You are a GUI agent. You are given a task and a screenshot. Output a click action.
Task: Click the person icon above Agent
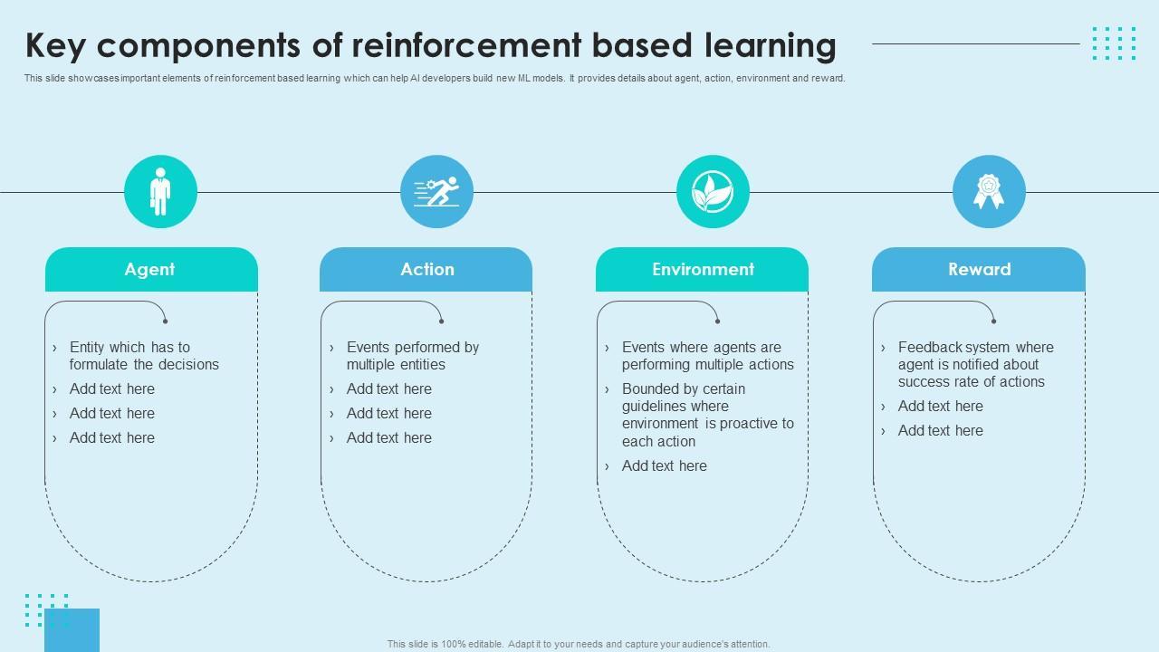(x=160, y=192)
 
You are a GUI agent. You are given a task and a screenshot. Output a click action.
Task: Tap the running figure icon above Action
(x=436, y=192)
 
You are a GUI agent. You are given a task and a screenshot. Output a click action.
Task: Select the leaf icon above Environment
(x=713, y=192)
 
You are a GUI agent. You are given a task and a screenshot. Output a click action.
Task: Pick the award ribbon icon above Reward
(x=989, y=192)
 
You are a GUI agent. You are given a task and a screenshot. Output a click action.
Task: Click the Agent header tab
(x=151, y=269)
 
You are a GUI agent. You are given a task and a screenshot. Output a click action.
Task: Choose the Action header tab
(x=426, y=269)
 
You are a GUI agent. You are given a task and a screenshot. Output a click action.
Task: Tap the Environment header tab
(x=703, y=269)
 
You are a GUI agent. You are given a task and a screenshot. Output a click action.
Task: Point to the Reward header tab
(x=979, y=269)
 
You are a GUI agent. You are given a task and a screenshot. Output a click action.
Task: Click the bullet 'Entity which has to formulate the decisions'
(x=144, y=356)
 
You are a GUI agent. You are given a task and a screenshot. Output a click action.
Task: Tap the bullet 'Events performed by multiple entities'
(x=412, y=356)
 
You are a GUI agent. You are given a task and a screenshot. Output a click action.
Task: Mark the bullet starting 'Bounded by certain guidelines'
(x=707, y=415)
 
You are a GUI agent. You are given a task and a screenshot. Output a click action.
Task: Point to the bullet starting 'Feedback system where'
(x=975, y=364)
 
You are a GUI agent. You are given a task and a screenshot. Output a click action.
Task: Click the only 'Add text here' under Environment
(x=664, y=465)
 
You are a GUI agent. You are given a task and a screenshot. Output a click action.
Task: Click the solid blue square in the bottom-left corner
(x=72, y=630)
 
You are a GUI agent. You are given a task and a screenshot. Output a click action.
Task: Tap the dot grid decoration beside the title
(x=1114, y=43)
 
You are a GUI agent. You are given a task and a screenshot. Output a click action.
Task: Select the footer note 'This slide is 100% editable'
(x=579, y=644)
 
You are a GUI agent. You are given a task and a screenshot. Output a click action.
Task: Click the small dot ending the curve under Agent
(x=165, y=321)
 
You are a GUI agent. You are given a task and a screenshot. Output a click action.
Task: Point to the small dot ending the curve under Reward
(x=993, y=321)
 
